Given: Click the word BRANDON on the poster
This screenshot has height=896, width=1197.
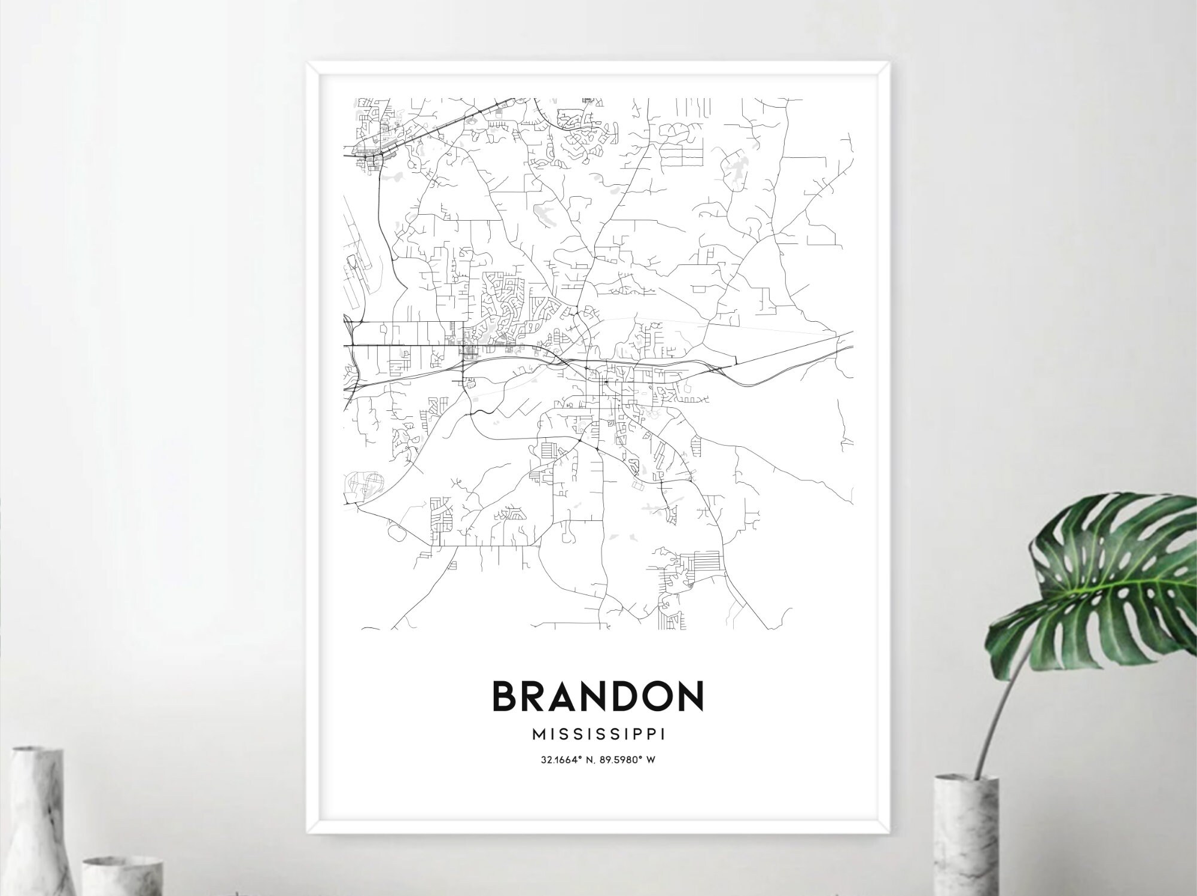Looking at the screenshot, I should pyautogui.click(x=597, y=696).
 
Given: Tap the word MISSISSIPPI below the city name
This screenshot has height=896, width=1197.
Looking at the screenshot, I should pyautogui.click(x=598, y=734).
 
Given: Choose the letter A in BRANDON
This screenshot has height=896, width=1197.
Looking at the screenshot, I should pyautogui.click(x=566, y=696).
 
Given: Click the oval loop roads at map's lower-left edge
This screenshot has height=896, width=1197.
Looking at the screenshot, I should pyautogui.click(x=363, y=482).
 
